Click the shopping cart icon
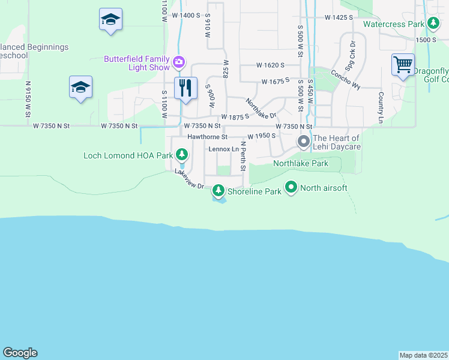pos(403,64)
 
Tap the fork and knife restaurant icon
pos(185,88)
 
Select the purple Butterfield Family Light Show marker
pos(178,62)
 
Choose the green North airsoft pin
pos(291,188)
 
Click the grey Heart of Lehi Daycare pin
pos(304,142)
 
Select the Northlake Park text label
pos(301,163)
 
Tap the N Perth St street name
pos(244,155)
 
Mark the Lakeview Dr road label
pos(190,180)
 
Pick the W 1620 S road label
pos(270,65)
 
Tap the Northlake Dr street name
pos(261,108)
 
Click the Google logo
pos(20,353)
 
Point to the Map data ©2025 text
pos(423,355)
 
